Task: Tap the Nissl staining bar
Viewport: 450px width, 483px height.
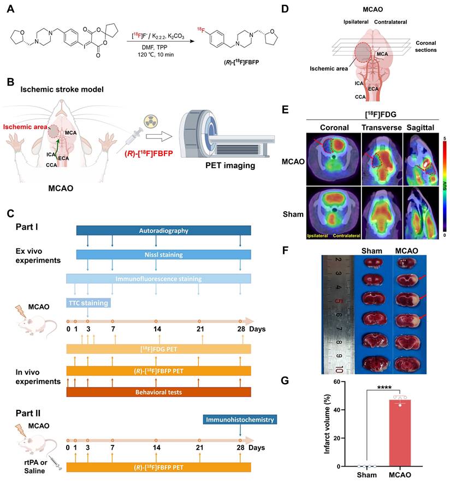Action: pos(163,254)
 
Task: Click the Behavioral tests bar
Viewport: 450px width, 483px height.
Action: pos(158,392)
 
